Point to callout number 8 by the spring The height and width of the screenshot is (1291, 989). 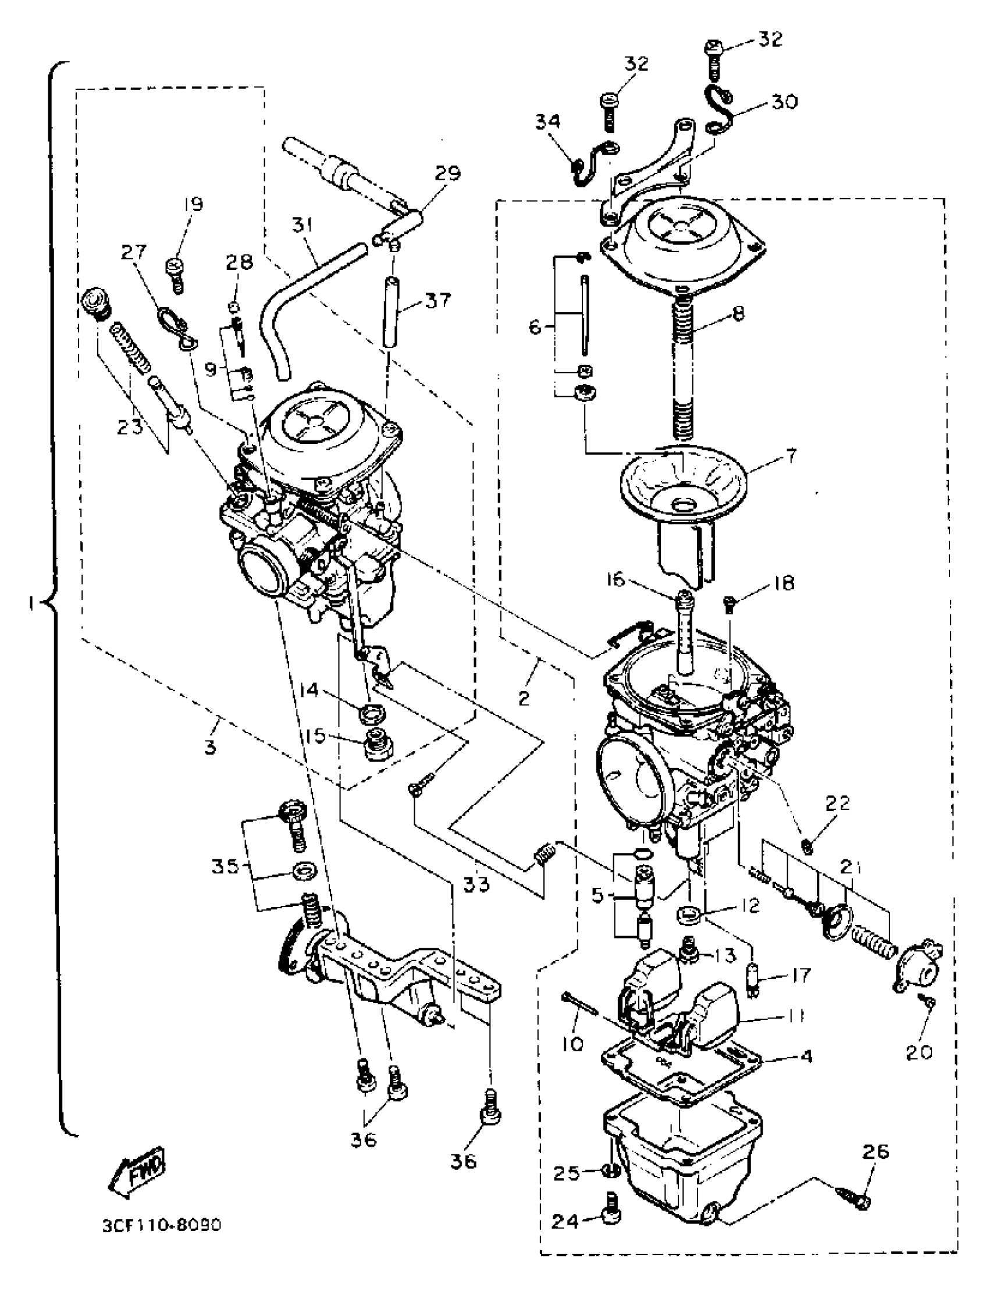[738, 314]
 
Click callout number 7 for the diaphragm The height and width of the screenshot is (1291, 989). [791, 454]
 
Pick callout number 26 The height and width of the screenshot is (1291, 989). [876, 1151]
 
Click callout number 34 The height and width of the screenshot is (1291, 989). [549, 122]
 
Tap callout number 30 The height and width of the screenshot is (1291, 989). [784, 102]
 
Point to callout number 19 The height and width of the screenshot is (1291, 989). [193, 205]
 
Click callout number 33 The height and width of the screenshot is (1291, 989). [476, 884]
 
